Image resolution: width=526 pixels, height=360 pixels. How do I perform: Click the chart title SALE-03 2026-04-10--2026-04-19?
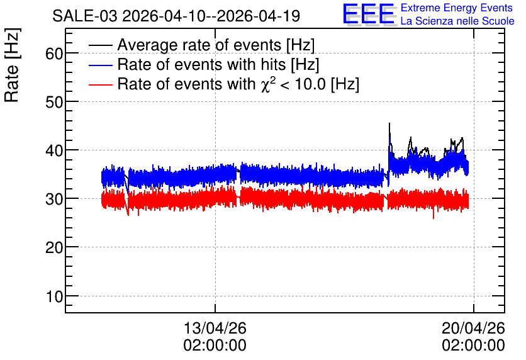tap(176, 16)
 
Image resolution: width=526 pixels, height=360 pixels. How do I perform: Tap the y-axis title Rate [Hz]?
tap(12, 65)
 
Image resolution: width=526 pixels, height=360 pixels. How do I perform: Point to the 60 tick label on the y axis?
tap(54, 53)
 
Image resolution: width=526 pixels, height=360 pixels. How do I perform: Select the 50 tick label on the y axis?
tap(54, 102)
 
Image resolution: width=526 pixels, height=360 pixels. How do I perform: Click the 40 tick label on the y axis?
tap(54, 150)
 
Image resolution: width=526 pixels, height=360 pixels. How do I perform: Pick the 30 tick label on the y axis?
tap(54, 199)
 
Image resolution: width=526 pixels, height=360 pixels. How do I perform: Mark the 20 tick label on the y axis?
tap(54, 247)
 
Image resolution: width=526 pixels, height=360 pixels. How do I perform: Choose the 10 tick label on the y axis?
tap(54, 296)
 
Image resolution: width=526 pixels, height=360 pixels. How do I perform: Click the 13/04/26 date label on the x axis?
tap(215, 328)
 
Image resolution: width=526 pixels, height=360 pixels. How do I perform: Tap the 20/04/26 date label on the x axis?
tap(473, 328)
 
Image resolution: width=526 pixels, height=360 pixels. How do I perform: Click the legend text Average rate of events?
tap(216, 45)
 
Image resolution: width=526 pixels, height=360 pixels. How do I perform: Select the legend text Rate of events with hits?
tap(218, 64)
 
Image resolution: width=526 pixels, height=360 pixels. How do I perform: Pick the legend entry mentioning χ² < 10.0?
tap(238, 84)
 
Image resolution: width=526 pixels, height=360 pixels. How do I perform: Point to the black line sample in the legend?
tap(101, 45)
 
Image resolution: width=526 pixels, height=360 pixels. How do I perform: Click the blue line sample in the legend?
tap(101, 65)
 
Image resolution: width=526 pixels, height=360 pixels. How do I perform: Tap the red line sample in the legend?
tap(101, 85)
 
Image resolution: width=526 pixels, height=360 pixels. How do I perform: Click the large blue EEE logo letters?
tap(369, 14)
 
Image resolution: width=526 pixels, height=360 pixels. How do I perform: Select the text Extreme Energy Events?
tap(457, 8)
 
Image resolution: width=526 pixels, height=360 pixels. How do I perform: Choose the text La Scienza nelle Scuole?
tap(457, 21)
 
